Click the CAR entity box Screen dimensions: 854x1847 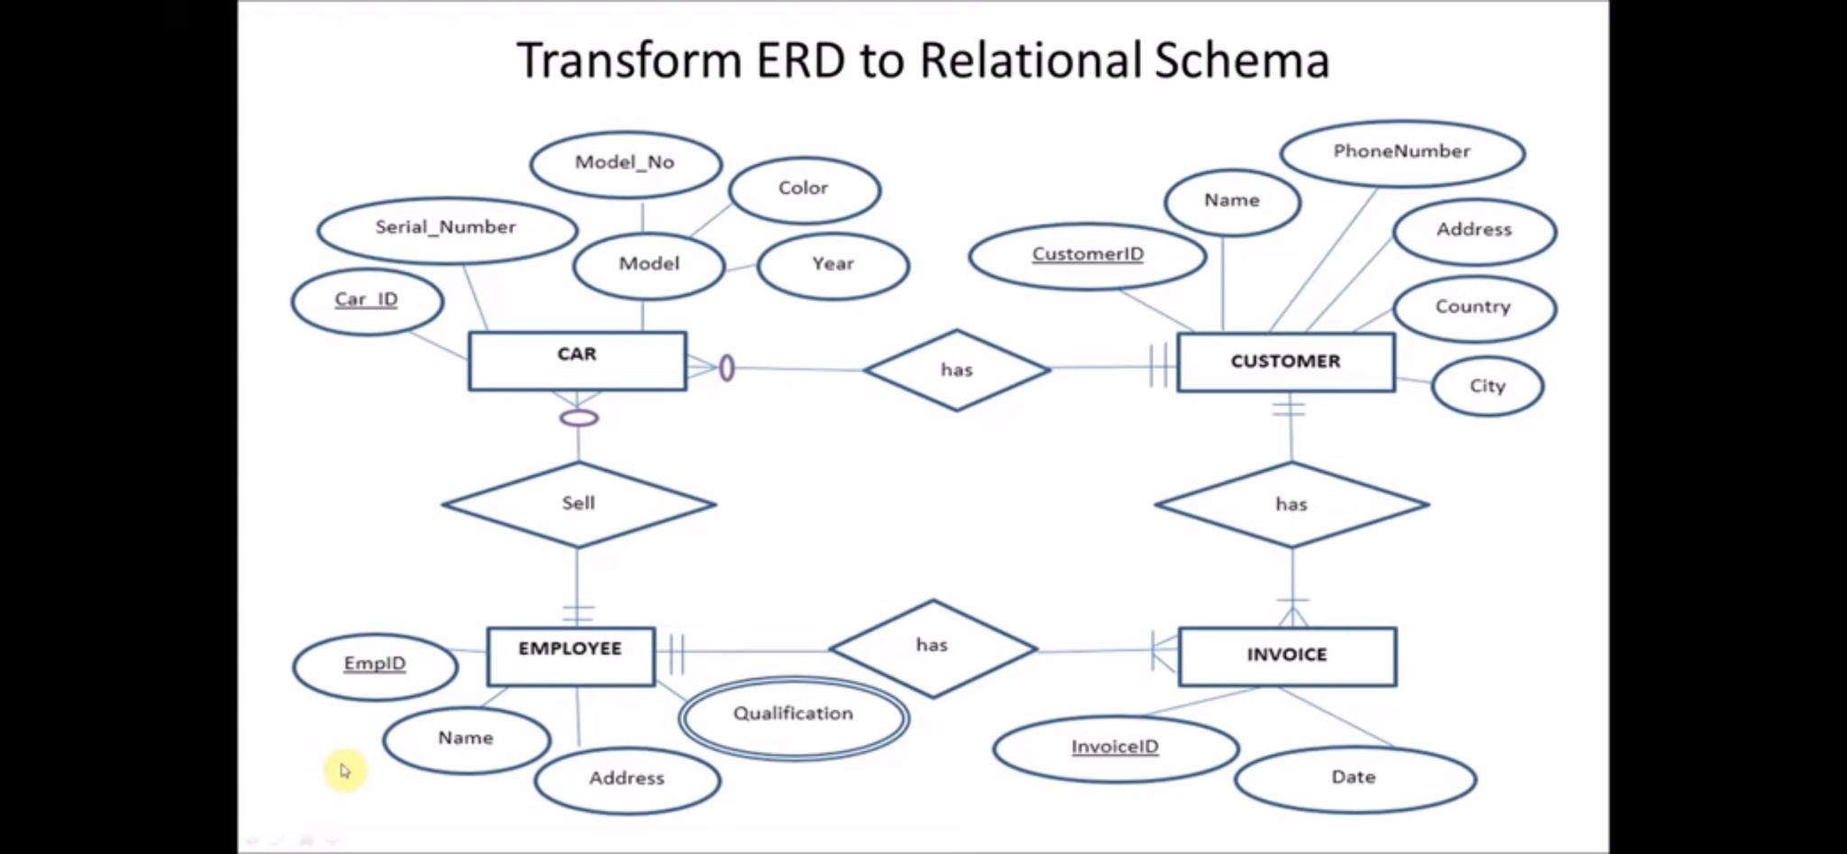(x=577, y=361)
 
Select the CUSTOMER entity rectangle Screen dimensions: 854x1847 (x=1286, y=362)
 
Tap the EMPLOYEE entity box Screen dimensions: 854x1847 (x=571, y=657)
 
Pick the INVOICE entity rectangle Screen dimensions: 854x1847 (x=1287, y=657)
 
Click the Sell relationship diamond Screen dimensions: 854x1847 (x=578, y=504)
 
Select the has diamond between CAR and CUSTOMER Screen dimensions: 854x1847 (x=957, y=370)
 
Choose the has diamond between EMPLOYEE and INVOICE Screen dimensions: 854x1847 (x=933, y=647)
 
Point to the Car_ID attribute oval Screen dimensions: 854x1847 (x=367, y=300)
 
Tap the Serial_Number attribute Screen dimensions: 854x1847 (x=446, y=228)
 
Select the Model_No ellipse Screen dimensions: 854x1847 (x=625, y=163)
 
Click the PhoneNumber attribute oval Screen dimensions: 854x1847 (x=1401, y=152)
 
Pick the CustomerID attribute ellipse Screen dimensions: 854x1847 (x=1088, y=255)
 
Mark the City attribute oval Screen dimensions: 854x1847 (x=1487, y=386)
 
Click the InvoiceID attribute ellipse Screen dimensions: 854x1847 (x=1116, y=748)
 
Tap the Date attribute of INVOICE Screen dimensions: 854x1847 (x=1354, y=777)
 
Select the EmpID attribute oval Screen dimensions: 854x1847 (x=375, y=665)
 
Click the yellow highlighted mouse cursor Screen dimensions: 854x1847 (x=345, y=771)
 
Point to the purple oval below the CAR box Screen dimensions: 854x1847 (x=579, y=418)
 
